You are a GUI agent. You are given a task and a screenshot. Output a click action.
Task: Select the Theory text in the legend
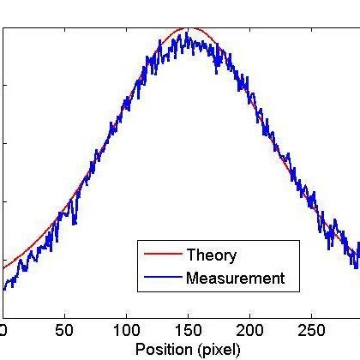(211, 255)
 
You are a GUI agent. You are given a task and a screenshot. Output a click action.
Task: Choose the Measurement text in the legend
(235, 278)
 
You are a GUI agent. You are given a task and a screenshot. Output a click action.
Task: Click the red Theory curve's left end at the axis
(4, 267)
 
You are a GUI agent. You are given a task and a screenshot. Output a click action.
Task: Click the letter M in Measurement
(192, 278)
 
